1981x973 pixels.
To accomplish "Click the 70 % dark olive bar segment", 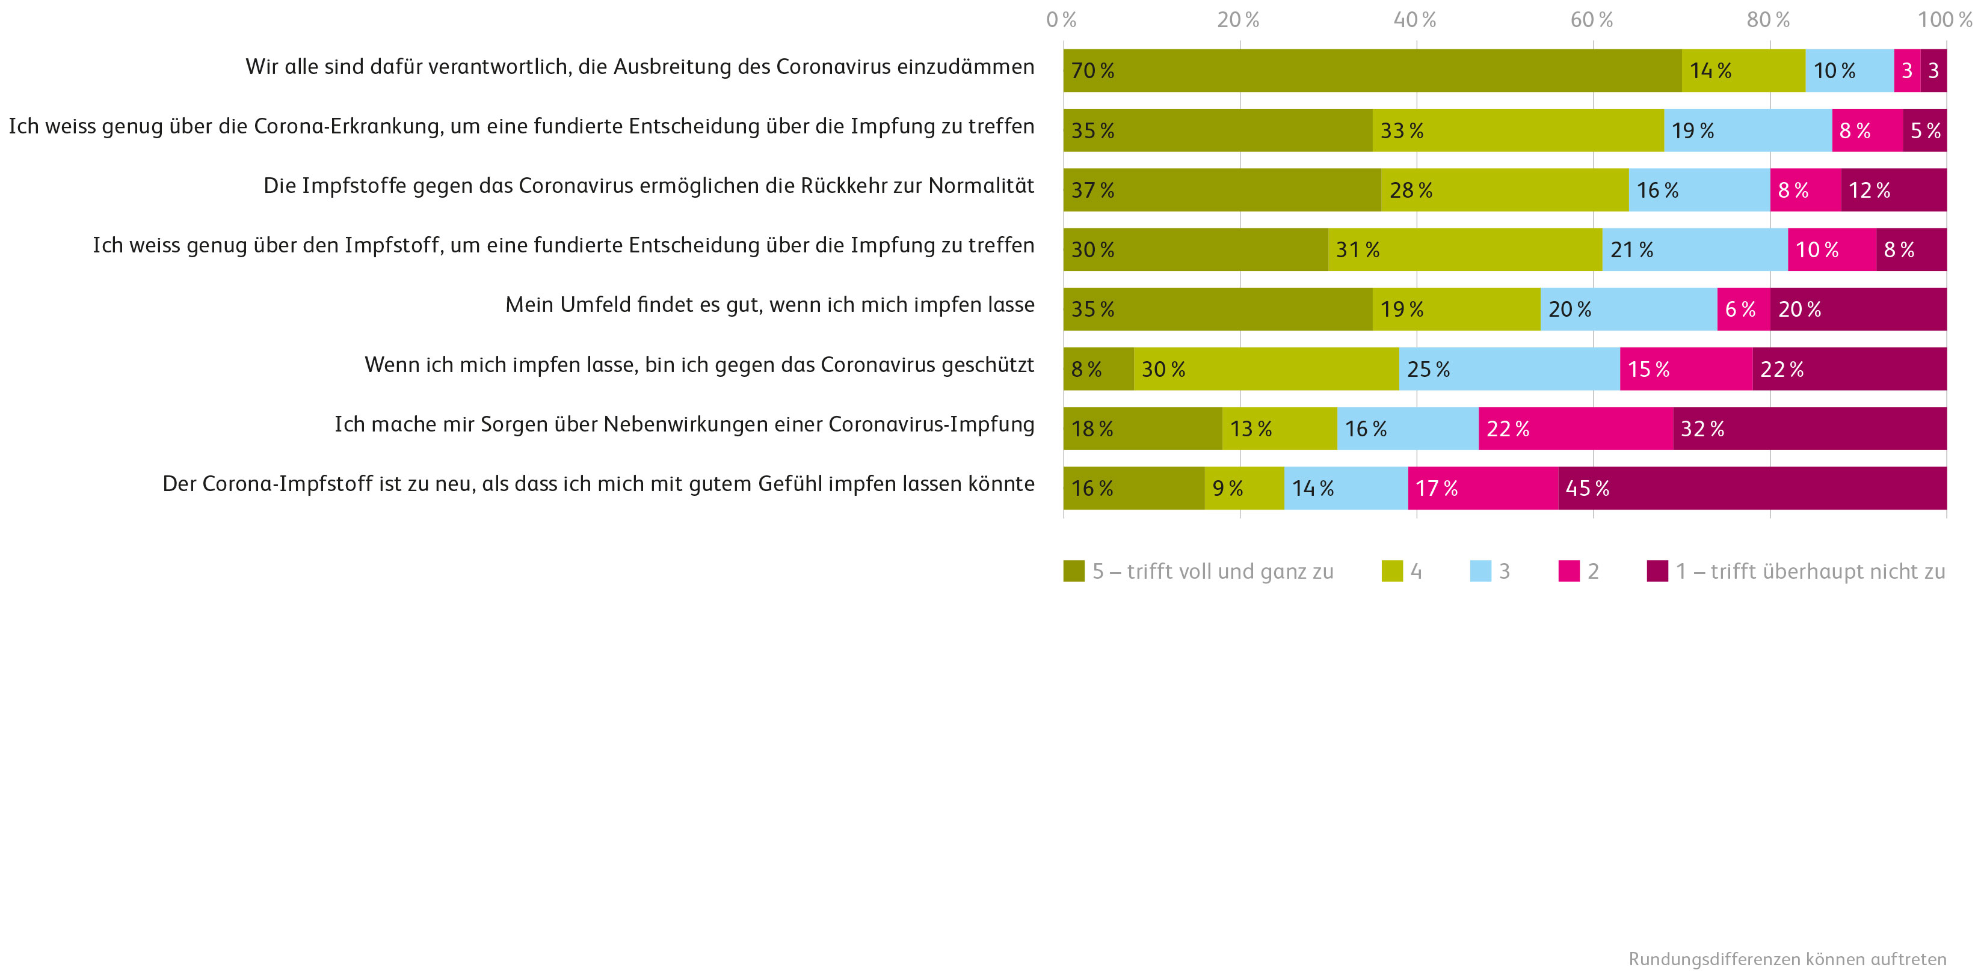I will click(x=1372, y=71).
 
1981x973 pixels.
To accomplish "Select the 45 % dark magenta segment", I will click(x=1752, y=488).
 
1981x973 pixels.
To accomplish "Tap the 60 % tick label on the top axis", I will click(x=1591, y=20).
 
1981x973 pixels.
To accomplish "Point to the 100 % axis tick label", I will click(x=1944, y=20).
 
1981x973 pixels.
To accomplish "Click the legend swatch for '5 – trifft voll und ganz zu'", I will click(x=1074, y=571).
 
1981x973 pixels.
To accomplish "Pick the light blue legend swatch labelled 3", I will click(x=1480, y=571).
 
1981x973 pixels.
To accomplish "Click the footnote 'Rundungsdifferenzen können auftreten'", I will click(x=1787, y=959).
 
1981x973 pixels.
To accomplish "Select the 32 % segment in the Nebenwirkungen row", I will click(x=1810, y=429).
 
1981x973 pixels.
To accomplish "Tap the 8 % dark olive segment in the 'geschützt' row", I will click(x=1098, y=369).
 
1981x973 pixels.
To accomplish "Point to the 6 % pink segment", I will click(x=1743, y=309).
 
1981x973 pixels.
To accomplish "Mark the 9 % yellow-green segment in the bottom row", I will click(x=1243, y=488).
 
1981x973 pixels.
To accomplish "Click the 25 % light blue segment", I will click(x=1509, y=369).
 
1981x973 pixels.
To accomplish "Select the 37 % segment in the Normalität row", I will click(x=1222, y=190).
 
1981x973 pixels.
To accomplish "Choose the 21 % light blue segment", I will click(x=1694, y=250).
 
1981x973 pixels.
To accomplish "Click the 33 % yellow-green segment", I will click(x=1517, y=130).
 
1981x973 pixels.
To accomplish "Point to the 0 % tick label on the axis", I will click(x=1061, y=20).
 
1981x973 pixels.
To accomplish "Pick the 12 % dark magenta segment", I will click(x=1893, y=190).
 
